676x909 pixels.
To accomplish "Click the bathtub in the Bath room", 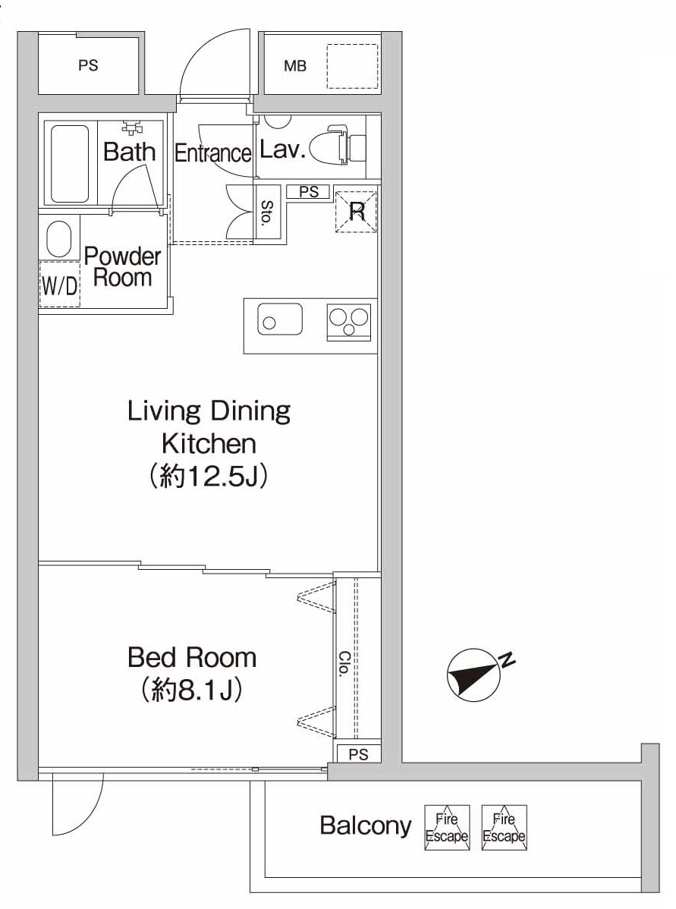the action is pos(70,163).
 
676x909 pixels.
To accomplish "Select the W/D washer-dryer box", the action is pos(59,284).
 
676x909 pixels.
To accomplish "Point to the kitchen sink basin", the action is pos(279,319).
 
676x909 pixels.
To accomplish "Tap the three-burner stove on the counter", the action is pos(349,322).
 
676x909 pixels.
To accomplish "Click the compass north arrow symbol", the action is pos(475,675).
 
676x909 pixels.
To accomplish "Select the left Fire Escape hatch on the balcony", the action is pos(446,827).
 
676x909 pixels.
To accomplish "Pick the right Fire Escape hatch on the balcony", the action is pos(504,827).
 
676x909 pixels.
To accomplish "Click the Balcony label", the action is pos(365,826).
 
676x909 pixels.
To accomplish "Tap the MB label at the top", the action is pos(295,66).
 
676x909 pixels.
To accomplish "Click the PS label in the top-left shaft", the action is pos(88,65).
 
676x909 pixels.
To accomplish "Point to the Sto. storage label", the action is pos(267,213).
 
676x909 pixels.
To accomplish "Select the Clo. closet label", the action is pos(344,665).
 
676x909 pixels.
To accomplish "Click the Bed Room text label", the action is pos(192,657).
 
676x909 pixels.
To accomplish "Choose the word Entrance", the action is pos(212,153).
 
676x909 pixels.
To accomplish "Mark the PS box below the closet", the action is pos(358,754).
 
